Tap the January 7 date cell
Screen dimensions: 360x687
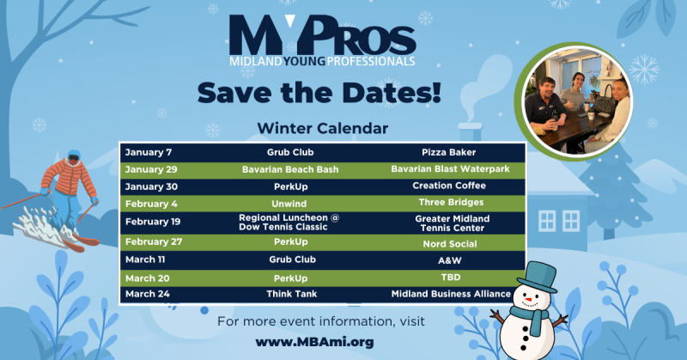[x=150, y=152]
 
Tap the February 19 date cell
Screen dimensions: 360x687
[x=155, y=222]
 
